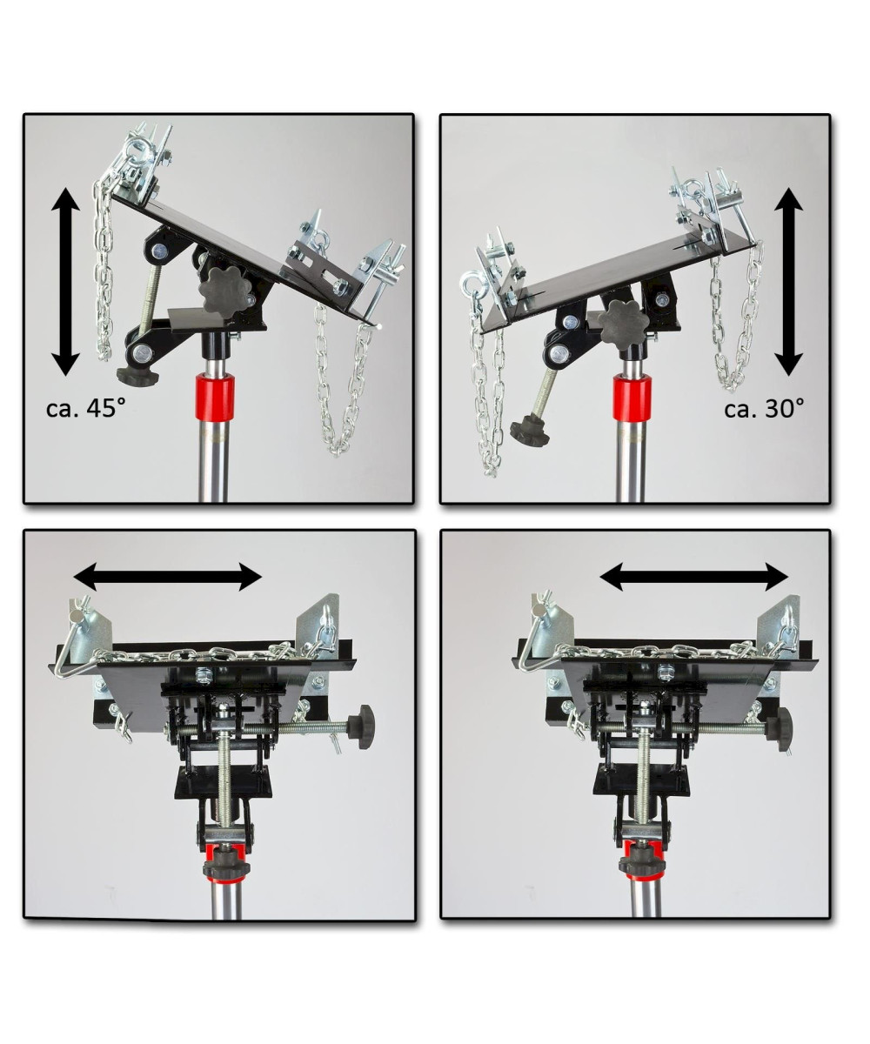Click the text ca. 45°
85,409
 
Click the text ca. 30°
765,409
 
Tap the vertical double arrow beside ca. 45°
65,282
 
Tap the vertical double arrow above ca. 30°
789,282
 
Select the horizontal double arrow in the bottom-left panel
168,577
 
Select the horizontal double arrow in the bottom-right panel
694,577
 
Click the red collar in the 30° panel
632,398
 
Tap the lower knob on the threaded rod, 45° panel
137,376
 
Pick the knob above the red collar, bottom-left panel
226,867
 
